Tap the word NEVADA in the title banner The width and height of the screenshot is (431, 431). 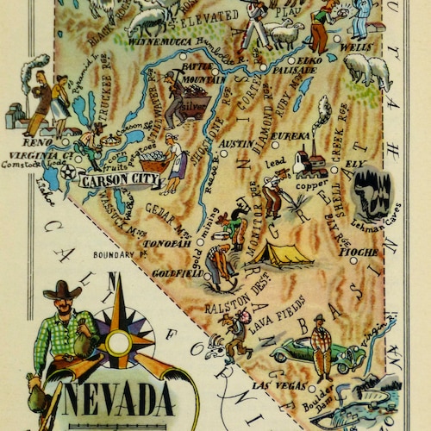(x=117, y=402)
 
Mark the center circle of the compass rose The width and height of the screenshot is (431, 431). (x=119, y=343)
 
